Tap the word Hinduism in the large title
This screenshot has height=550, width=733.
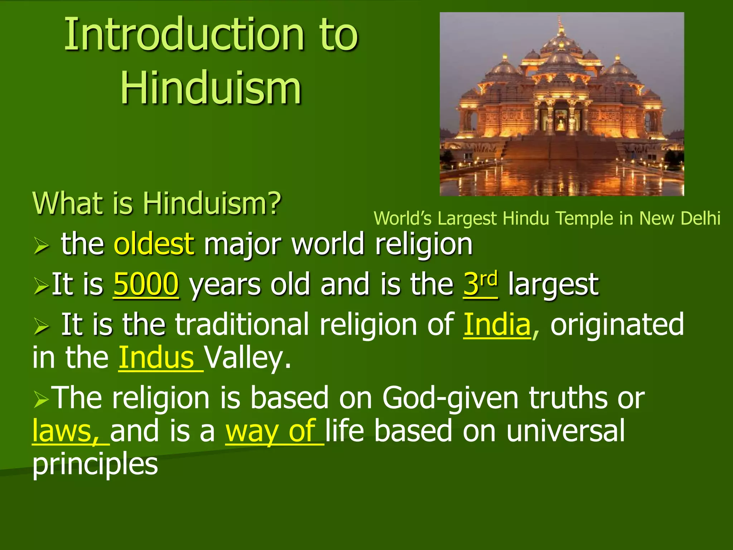(211, 88)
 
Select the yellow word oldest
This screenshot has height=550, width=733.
(154, 244)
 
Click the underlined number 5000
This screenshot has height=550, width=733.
(146, 284)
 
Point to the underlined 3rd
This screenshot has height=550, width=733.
(480, 284)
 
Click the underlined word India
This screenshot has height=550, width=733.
(497, 324)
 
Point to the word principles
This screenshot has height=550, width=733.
(95, 465)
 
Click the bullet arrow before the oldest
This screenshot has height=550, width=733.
(41, 246)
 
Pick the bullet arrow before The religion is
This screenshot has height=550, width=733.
(41, 399)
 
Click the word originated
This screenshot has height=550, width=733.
(617, 324)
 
